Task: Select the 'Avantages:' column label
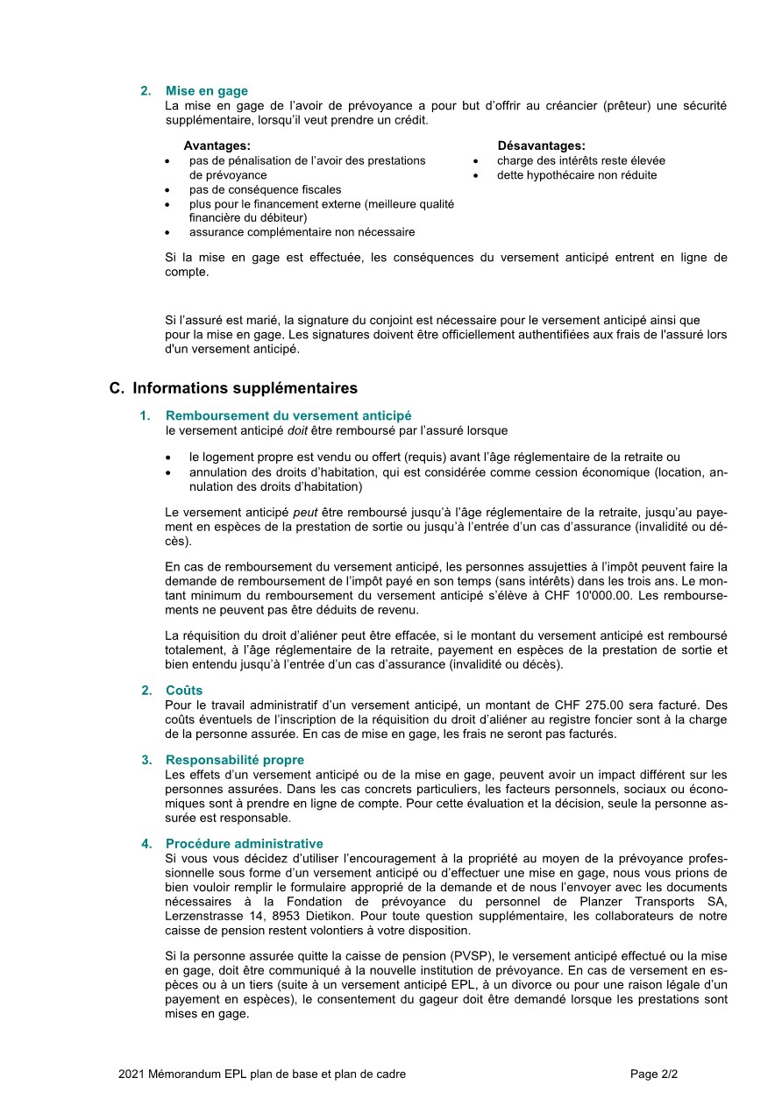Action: (x=217, y=145)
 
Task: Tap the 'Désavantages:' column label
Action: (x=541, y=145)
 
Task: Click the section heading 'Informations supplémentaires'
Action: (x=245, y=387)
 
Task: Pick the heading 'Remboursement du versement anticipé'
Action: (x=288, y=415)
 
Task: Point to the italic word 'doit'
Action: (x=299, y=430)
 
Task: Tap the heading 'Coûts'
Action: (x=184, y=691)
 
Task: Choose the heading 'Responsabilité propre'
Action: (x=235, y=760)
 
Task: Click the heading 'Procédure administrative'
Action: (x=244, y=843)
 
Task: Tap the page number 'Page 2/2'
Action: (x=654, y=1074)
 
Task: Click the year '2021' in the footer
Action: (x=132, y=1074)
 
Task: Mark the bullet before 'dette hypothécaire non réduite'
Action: (x=475, y=175)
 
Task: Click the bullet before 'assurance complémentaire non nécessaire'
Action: (x=167, y=233)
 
